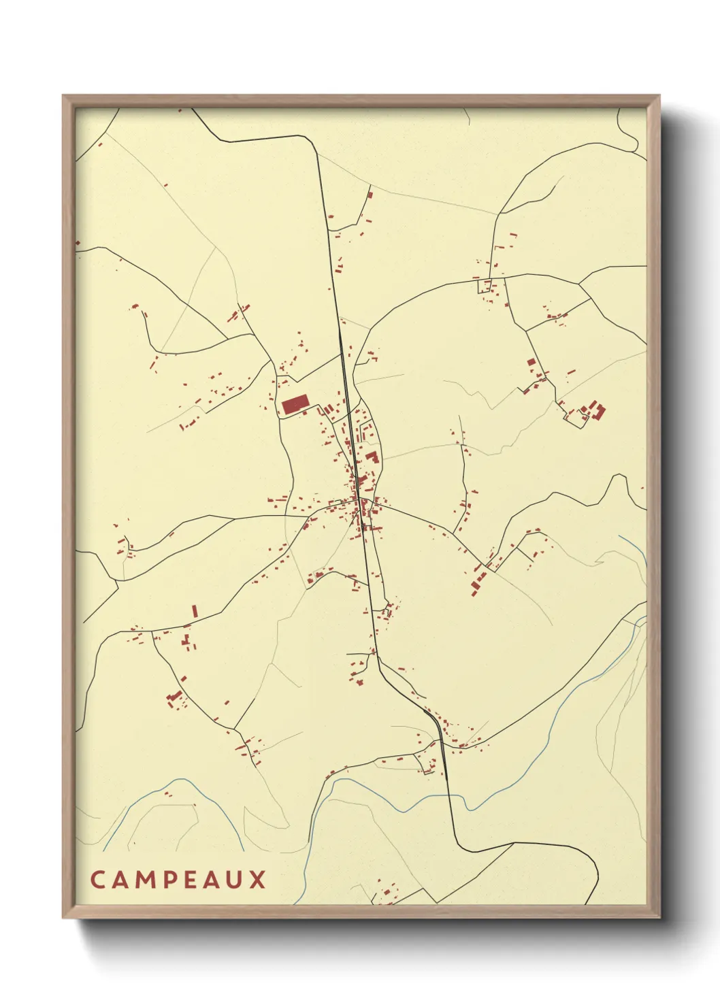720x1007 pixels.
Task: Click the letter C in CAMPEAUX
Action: tap(97, 880)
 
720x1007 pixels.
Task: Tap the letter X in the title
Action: tap(257, 880)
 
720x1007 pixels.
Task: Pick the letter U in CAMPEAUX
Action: tap(233, 880)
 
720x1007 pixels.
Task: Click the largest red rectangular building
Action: tap(295, 405)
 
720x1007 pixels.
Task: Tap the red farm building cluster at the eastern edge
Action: tap(595, 410)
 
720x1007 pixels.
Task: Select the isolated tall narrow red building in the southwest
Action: tap(195, 610)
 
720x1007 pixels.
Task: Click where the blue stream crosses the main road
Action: tap(448, 795)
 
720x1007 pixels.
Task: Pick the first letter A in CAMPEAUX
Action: tap(118, 880)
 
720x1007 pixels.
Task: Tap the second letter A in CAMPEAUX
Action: tap(210, 880)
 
